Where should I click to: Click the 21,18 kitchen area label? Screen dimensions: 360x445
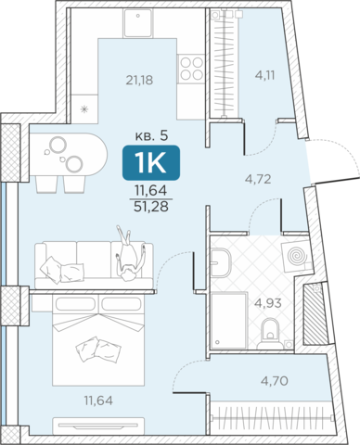click(x=139, y=81)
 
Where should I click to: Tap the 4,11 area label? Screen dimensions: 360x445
click(x=264, y=75)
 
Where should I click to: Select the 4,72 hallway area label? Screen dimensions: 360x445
click(x=258, y=179)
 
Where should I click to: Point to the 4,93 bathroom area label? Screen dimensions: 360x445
click(x=268, y=303)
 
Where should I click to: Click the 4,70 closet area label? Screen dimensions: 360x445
click(x=275, y=381)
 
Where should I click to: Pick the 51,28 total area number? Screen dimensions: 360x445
click(x=151, y=207)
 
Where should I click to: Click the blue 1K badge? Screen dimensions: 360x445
click(x=151, y=162)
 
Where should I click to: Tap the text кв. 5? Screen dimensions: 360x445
click(x=151, y=135)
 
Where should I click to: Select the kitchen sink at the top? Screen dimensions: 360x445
click(x=138, y=23)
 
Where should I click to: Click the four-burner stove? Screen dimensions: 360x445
click(x=191, y=69)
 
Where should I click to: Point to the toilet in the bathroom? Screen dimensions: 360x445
click(x=270, y=334)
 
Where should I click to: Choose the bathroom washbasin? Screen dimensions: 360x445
click(x=221, y=262)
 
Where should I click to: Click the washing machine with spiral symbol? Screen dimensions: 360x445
click(x=297, y=256)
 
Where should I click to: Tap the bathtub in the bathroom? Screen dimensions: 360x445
click(x=229, y=320)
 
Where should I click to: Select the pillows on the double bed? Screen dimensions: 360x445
click(x=98, y=350)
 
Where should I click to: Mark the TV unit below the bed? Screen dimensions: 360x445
click(x=98, y=426)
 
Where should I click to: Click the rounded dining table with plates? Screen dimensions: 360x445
click(x=69, y=155)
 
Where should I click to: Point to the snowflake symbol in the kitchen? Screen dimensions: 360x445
click(x=84, y=109)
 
